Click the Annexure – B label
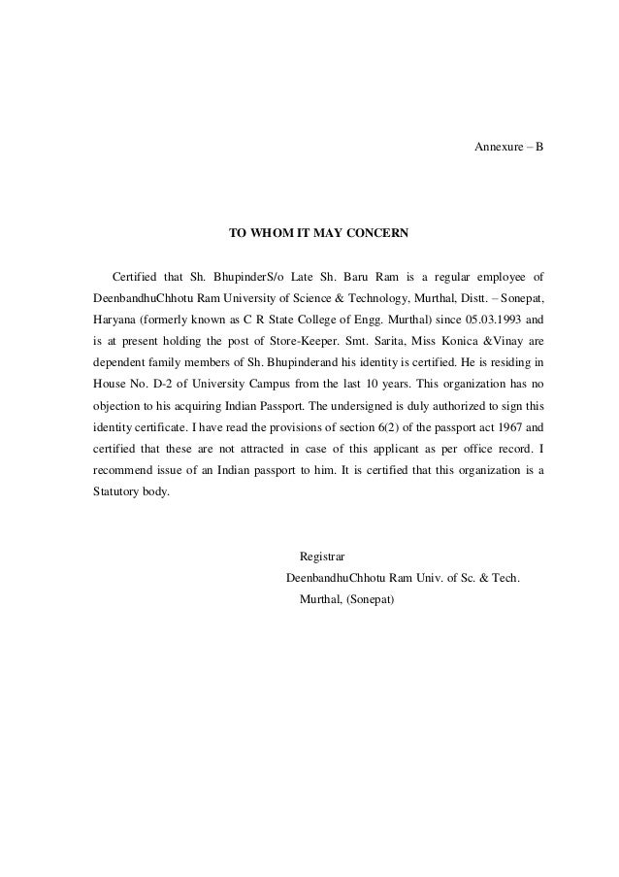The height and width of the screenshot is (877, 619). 507,147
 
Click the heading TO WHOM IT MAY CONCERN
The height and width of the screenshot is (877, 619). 318,234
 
